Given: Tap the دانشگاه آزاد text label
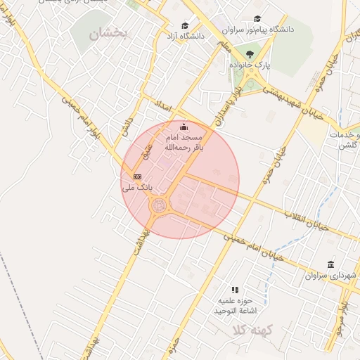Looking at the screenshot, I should click(x=185, y=34).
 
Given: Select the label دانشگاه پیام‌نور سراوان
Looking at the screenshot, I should click(x=257, y=30).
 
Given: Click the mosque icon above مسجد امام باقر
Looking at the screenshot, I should click(x=184, y=127).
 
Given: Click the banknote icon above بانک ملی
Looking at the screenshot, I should click(x=137, y=176).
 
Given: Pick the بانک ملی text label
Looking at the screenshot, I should click(x=137, y=188).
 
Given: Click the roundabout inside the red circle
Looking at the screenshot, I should click(x=160, y=206).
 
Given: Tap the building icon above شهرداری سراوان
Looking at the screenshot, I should click(x=330, y=264).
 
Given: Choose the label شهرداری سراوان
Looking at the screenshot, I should click(x=331, y=276).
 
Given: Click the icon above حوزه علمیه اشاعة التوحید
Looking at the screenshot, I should click(x=235, y=289).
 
